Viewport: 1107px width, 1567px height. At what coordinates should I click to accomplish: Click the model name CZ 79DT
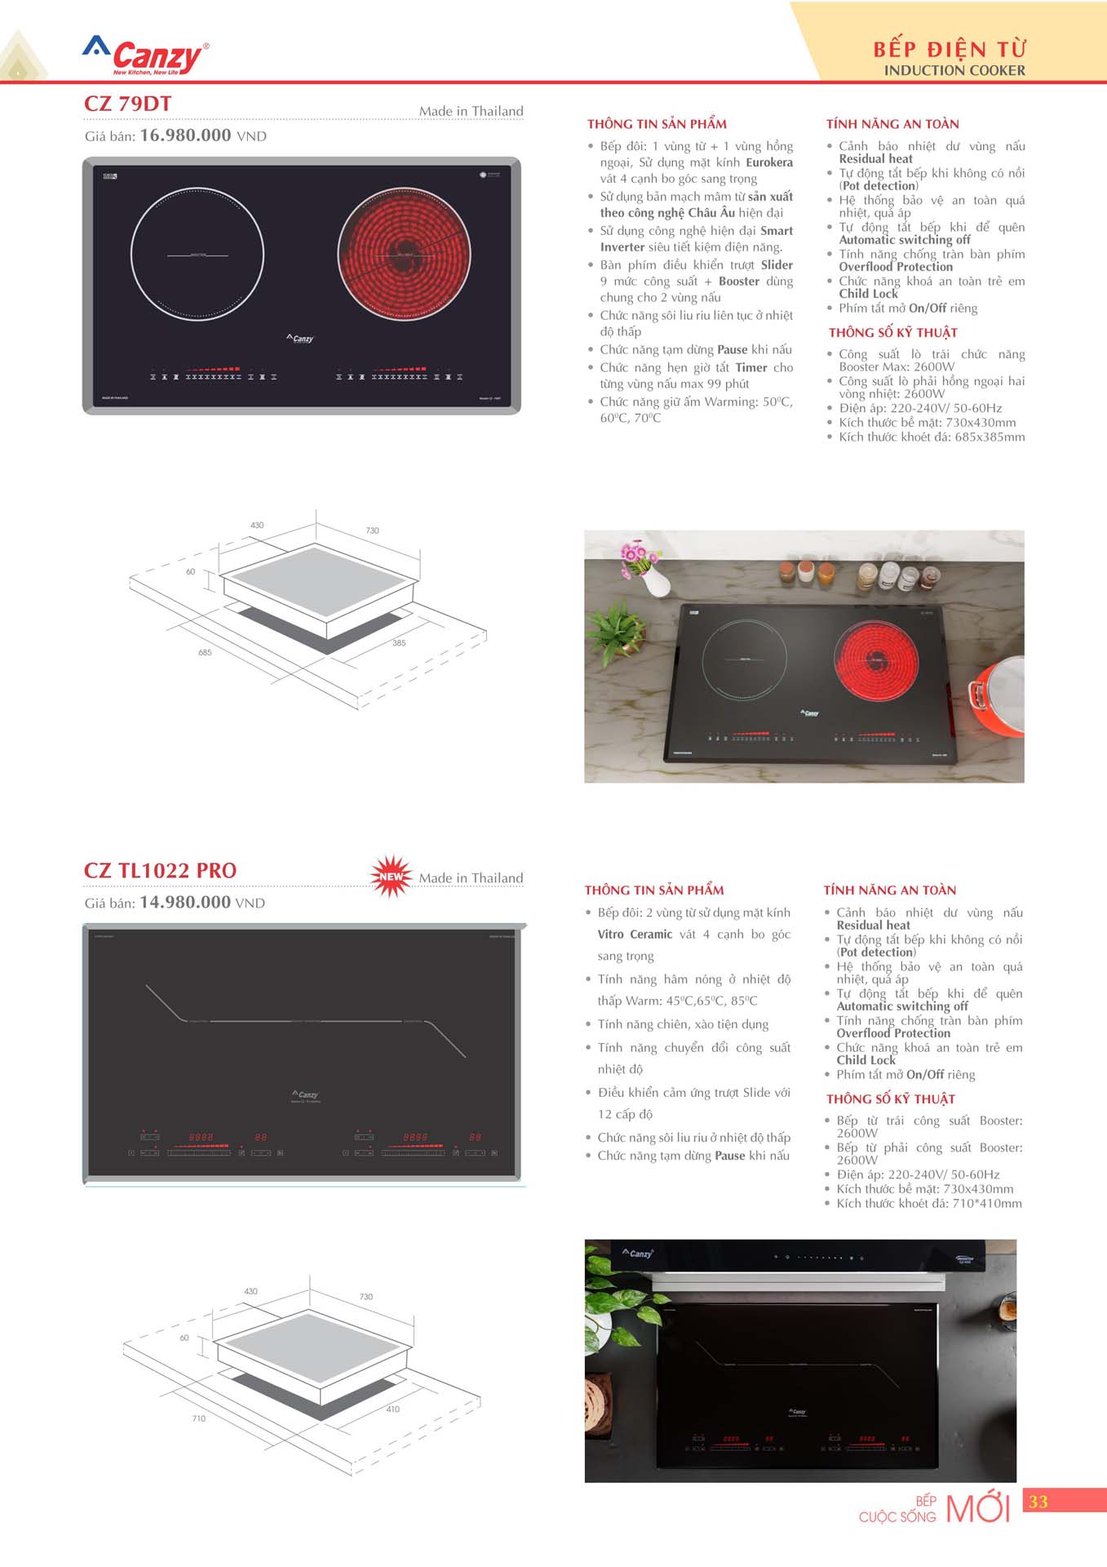(x=128, y=104)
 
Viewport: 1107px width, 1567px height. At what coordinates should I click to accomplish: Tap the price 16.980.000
(x=185, y=135)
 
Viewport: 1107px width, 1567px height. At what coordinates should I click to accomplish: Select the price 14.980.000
(x=185, y=903)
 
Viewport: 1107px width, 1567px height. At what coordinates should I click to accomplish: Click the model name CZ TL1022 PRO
(x=160, y=871)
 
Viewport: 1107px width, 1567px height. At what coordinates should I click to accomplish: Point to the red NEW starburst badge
(x=392, y=877)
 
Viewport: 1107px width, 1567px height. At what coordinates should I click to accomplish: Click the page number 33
(x=1038, y=1502)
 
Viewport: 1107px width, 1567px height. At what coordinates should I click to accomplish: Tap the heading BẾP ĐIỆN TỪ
(x=950, y=49)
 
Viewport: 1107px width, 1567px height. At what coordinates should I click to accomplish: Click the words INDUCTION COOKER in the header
(x=954, y=71)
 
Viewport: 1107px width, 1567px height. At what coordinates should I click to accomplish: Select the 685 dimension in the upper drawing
(x=205, y=653)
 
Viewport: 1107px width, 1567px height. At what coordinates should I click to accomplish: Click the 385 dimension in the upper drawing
(x=399, y=643)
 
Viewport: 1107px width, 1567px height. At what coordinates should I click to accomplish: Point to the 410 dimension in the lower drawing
(x=393, y=1409)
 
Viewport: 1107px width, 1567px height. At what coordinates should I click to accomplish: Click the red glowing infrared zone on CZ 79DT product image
(x=404, y=254)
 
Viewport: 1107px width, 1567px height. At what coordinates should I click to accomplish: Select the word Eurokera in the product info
(x=769, y=163)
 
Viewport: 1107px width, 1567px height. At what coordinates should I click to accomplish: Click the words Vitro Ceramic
(x=635, y=934)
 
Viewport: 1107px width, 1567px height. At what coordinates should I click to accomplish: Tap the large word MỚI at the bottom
(x=977, y=1509)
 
